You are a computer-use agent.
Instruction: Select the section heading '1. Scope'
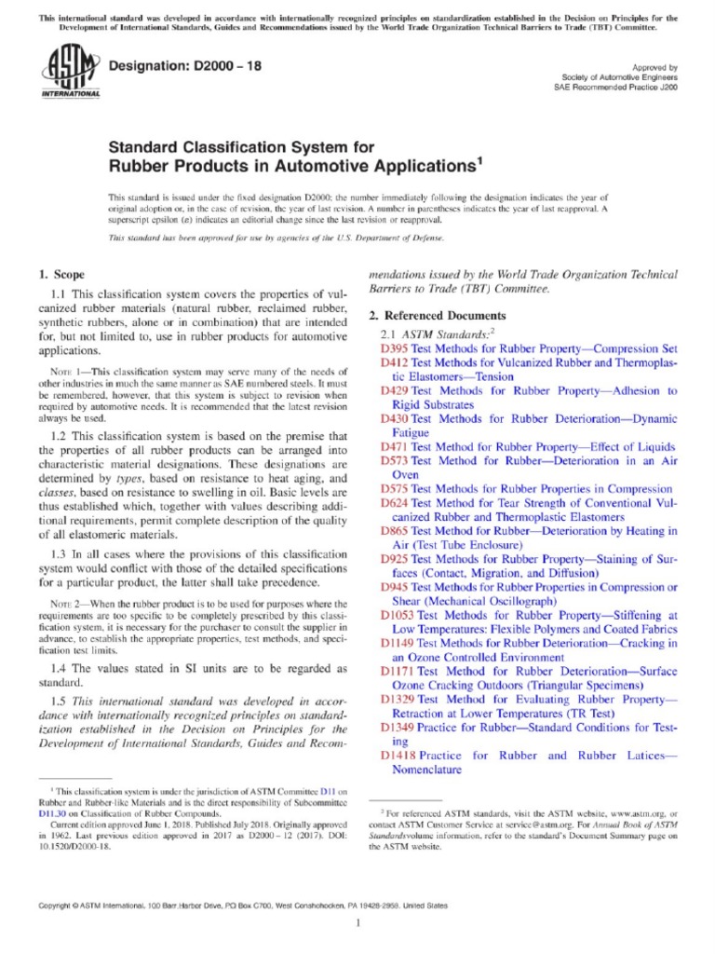pos(61,275)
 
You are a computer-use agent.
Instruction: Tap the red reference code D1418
pos(398,755)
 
